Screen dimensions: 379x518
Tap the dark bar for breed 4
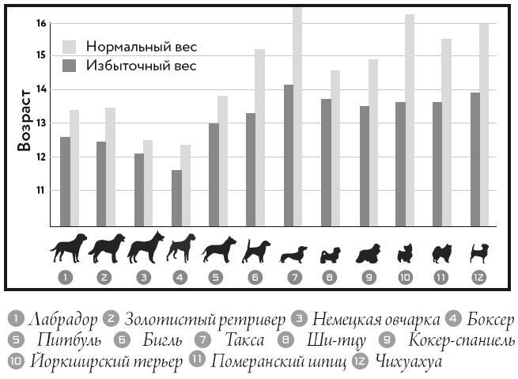176,198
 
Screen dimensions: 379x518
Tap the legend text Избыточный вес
141,66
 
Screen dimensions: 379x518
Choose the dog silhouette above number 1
69,248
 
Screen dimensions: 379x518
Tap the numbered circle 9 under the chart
367,278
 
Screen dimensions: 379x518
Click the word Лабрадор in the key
64,320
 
